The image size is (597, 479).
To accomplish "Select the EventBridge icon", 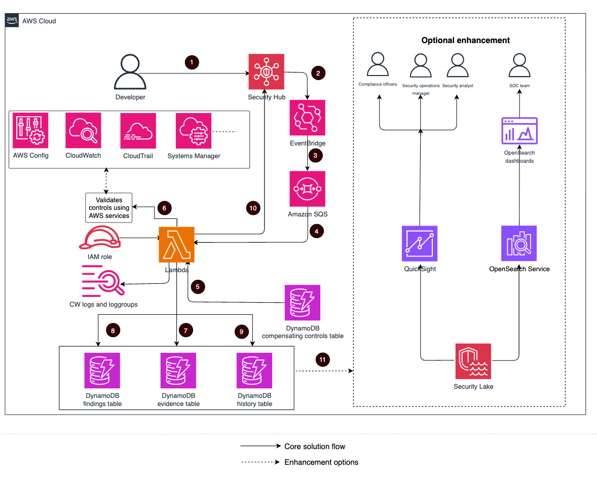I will [307, 118].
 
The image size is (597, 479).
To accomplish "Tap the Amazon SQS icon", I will [307, 189].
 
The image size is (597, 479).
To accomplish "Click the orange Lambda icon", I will [177, 244].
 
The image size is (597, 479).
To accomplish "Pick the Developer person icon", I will [131, 73].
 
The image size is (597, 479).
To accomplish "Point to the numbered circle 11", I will [322, 360].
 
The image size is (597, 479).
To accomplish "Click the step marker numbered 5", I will [198, 286].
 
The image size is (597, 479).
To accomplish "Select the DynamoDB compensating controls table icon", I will [303, 303].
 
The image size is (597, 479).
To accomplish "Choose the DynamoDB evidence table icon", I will [178, 371].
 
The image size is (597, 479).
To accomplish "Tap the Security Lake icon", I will [473, 361].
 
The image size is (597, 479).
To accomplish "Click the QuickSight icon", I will [420, 243].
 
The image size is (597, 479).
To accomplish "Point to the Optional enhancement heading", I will [466, 40].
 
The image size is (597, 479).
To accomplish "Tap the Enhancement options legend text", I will [321, 462].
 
